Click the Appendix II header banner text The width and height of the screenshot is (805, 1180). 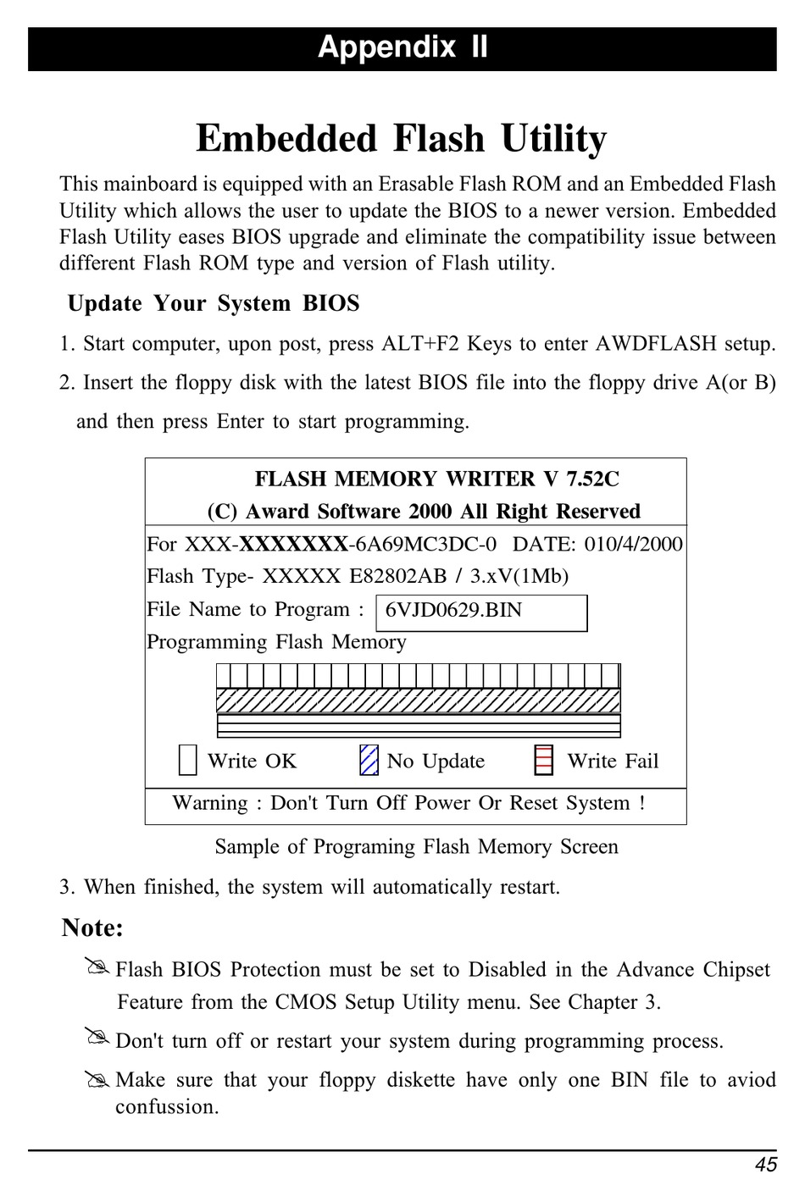click(x=402, y=47)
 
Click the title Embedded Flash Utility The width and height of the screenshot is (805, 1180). click(x=402, y=139)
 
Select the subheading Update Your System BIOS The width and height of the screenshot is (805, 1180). click(x=214, y=303)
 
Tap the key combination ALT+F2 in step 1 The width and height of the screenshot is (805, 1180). click(x=420, y=344)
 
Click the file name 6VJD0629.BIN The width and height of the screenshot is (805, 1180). click(x=453, y=611)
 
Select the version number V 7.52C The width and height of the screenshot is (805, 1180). click(x=581, y=479)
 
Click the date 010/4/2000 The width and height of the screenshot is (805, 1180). click(x=633, y=544)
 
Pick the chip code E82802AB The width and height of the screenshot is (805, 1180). click(x=397, y=577)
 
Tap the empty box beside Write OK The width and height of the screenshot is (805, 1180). click(x=188, y=760)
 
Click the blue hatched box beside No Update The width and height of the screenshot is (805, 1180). click(x=369, y=760)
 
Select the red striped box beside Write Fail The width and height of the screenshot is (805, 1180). click(x=544, y=760)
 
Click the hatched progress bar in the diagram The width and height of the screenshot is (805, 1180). click(x=419, y=701)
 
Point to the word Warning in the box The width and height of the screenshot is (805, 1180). click(x=210, y=803)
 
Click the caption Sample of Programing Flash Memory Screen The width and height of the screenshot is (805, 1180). click(x=416, y=847)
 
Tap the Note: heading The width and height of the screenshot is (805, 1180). click(x=92, y=928)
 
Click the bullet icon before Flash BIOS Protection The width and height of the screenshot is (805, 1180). click(x=97, y=967)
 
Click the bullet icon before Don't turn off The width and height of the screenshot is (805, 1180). click(x=97, y=1036)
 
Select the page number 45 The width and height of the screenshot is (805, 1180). click(x=766, y=1165)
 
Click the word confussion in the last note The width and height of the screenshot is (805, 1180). click(x=166, y=1107)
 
